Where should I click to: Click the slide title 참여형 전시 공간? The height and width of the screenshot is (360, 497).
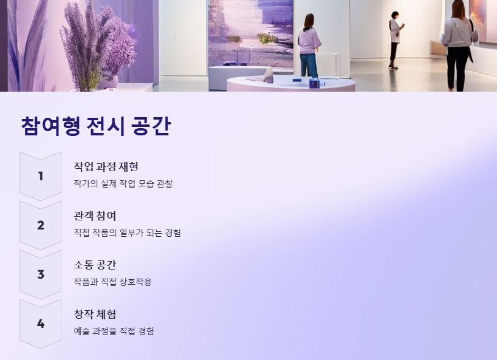pyautogui.click(x=95, y=126)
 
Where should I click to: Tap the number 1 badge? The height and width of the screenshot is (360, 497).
pyautogui.click(x=41, y=176)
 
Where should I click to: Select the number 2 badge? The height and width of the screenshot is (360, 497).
pyautogui.click(x=41, y=225)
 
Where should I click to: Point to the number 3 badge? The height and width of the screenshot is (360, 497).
pyautogui.click(x=41, y=274)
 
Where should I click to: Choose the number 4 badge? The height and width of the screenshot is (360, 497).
pyautogui.click(x=41, y=324)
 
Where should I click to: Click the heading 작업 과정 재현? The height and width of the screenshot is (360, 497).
pyautogui.click(x=106, y=167)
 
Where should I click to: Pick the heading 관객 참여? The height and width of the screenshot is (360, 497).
pyautogui.click(x=95, y=216)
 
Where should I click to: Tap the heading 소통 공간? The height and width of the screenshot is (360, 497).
pyautogui.click(x=95, y=265)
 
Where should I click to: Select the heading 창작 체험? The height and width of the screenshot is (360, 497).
pyautogui.click(x=95, y=314)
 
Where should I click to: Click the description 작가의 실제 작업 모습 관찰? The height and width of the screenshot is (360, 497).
pyautogui.click(x=123, y=183)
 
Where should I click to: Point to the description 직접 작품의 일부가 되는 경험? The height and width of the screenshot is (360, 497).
pyautogui.click(x=127, y=233)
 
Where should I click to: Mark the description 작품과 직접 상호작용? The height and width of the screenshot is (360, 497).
pyautogui.click(x=112, y=282)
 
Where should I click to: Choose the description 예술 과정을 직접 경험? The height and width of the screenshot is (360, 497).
pyautogui.click(x=114, y=331)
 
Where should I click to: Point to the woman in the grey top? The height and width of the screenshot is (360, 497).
pyautogui.click(x=459, y=42)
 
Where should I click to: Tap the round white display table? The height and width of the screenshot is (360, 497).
pyautogui.click(x=290, y=84)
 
